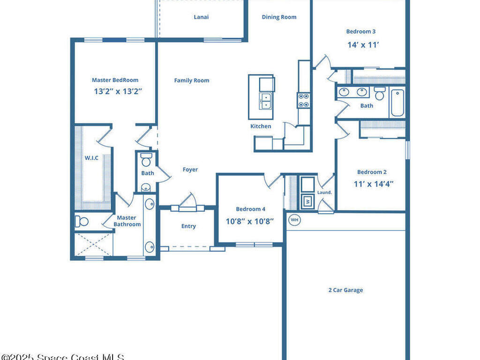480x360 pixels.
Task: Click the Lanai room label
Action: point(201,17)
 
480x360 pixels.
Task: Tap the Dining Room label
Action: point(279,17)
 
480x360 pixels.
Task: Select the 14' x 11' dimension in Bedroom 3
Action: point(363,45)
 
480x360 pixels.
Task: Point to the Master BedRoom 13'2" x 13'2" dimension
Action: point(118,91)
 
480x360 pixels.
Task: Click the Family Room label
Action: point(192,81)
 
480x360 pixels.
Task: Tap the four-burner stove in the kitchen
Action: point(303,100)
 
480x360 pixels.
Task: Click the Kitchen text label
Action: point(261,126)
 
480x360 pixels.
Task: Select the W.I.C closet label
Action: point(91,158)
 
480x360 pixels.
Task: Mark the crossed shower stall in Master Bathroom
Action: point(93,244)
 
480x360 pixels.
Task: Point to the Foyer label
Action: point(190,170)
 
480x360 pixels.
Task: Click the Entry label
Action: point(188,226)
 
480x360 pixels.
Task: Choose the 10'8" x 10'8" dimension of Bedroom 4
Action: point(250,221)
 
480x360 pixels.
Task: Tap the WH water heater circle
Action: point(294,219)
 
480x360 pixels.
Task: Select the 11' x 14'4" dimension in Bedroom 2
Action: point(373,184)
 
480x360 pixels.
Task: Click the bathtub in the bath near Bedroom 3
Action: point(397,103)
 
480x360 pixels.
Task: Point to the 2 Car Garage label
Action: point(345,290)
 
